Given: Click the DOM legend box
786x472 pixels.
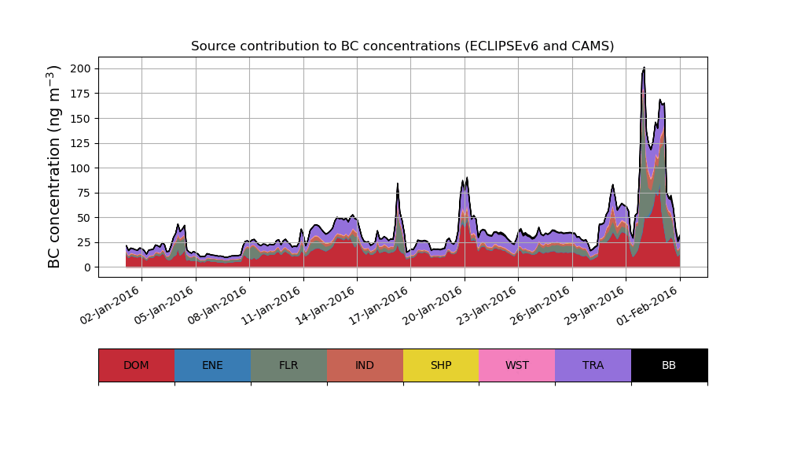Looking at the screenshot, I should [x=136, y=365].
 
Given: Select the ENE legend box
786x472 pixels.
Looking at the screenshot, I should [x=212, y=365].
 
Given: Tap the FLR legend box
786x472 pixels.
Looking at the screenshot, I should [x=288, y=365].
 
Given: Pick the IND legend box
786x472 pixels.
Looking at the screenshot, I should [x=365, y=365].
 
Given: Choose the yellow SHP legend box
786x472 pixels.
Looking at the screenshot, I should [x=441, y=365].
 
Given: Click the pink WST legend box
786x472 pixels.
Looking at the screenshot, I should [x=517, y=365].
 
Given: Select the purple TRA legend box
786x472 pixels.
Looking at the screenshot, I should [x=593, y=365].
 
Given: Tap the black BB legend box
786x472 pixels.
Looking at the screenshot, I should [x=669, y=365].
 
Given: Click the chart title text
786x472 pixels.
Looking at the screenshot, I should [x=402, y=46].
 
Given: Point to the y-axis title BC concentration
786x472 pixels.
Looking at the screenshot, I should [x=54, y=167].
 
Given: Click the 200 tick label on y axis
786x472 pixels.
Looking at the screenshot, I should [x=81, y=68].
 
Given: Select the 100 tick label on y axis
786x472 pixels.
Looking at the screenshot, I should [x=81, y=168].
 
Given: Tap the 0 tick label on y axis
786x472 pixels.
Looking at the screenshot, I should [x=87, y=267].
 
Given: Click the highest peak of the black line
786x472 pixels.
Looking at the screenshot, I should [x=644, y=68].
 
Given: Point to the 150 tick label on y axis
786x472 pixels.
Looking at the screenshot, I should [x=81, y=118].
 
